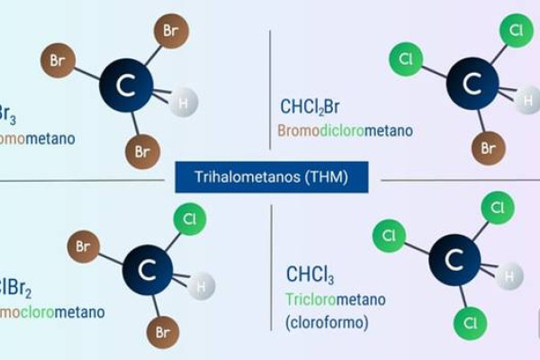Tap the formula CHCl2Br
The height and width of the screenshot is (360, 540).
[310, 108]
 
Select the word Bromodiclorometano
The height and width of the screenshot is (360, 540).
[345, 130]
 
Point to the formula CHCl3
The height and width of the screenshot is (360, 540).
[310, 274]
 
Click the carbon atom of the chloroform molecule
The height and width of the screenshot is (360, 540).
[454, 259]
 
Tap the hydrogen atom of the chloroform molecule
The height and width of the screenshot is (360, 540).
[510, 274]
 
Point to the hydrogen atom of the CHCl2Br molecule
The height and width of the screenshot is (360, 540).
[527, 99]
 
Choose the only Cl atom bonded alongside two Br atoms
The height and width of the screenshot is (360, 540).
[189, 219]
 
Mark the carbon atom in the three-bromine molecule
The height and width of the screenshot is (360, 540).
[126, 85]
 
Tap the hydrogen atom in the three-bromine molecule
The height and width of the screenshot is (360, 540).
[184, 103]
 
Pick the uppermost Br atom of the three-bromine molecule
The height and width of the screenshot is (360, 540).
[171, 30]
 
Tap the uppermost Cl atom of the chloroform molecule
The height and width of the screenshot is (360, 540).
[497, 208]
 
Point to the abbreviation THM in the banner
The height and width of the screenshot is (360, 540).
[327, 175]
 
